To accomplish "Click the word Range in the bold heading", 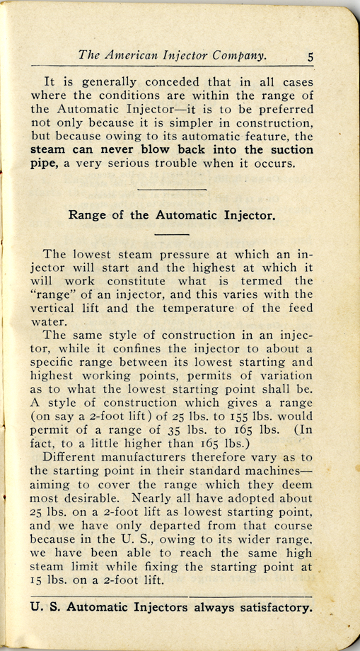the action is (86, 214).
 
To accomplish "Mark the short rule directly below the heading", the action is (171, 234).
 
